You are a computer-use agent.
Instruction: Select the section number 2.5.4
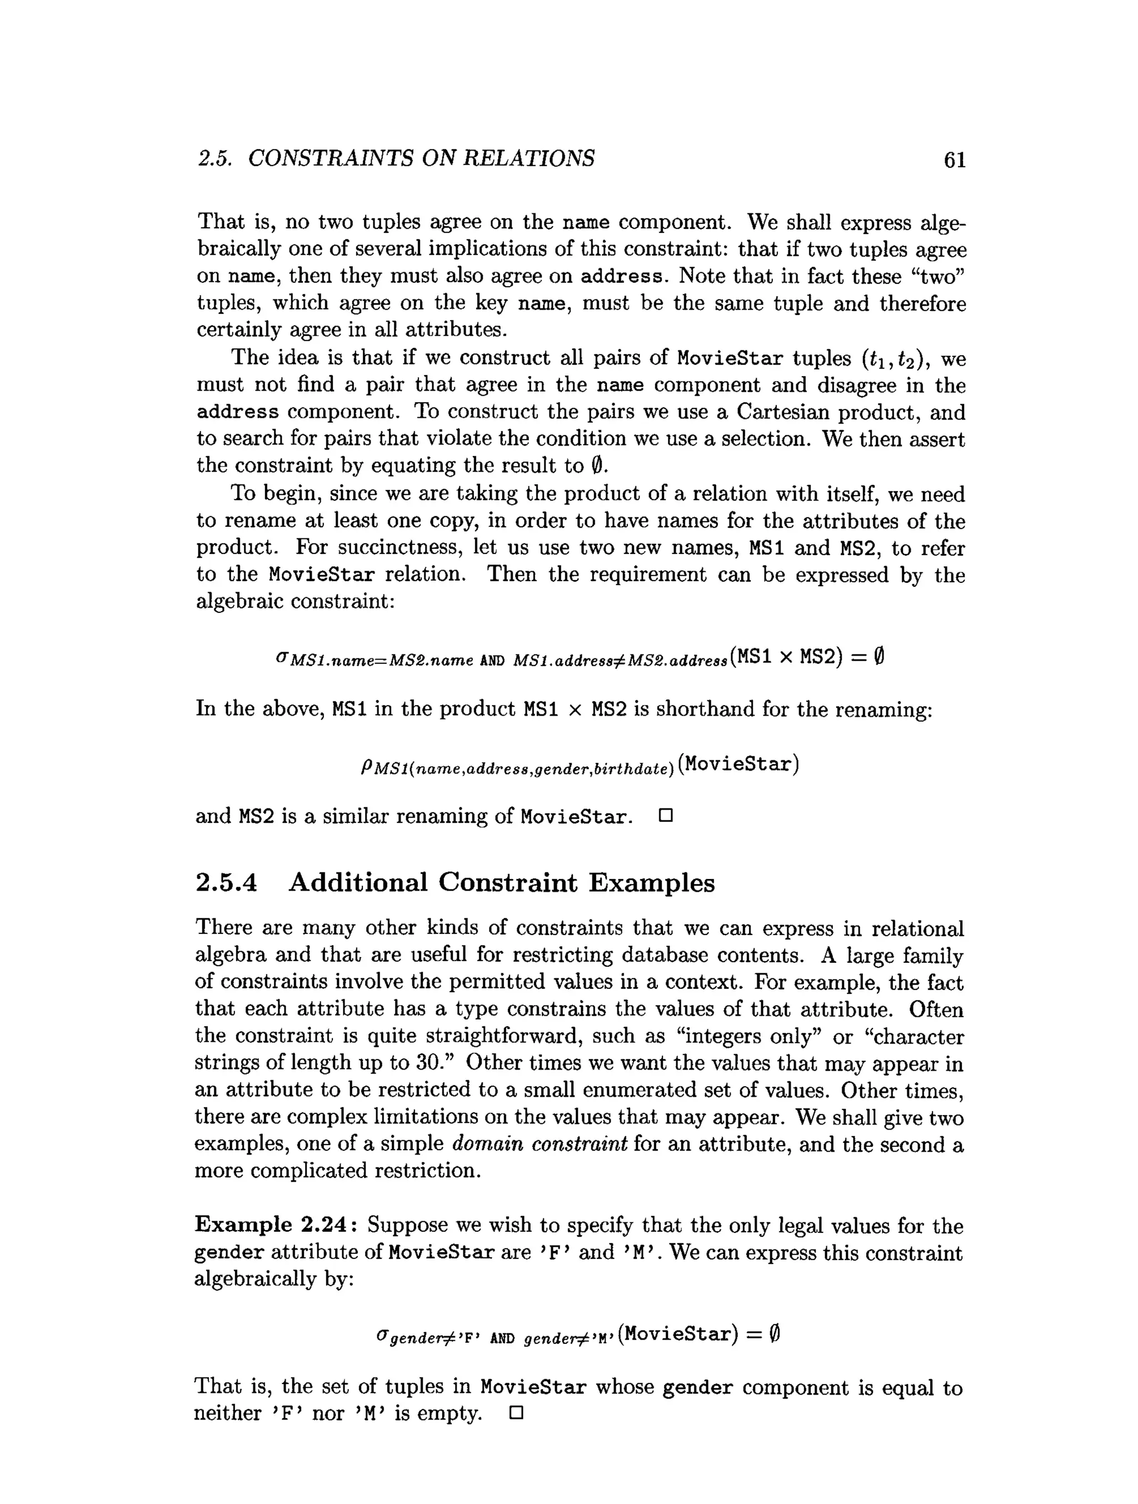coord(226,882)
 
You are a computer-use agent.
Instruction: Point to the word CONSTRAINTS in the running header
coord(330,158)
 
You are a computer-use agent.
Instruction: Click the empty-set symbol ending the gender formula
coord(773,1334)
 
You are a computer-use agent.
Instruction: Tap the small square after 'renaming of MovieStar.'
coord(666,815)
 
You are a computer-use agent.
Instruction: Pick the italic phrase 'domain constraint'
coord(539,1145)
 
